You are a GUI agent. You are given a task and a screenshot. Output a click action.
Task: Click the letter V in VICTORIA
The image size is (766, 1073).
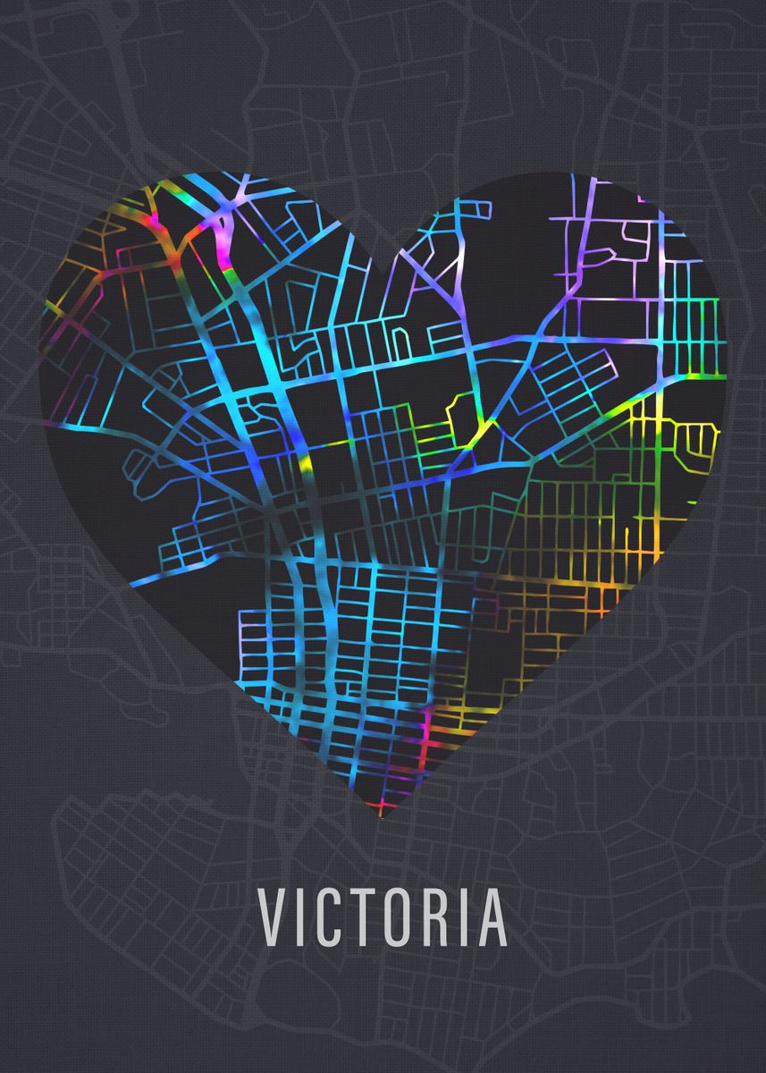[x=273, y=918]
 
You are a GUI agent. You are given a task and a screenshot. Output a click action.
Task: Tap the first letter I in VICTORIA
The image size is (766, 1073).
[x=299, y=918]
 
